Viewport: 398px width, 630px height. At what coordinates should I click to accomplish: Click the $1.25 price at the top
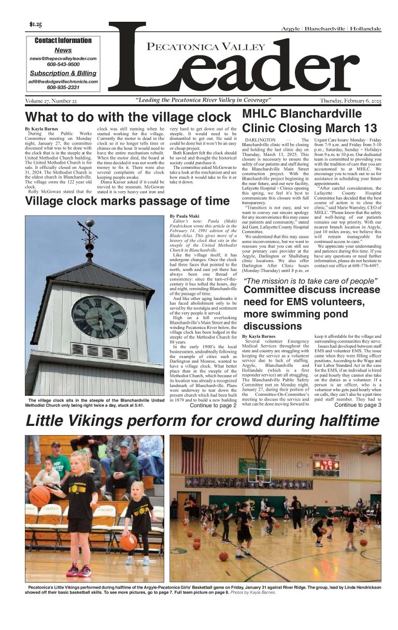coord(36,24)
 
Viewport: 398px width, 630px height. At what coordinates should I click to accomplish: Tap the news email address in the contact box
coord(63,59)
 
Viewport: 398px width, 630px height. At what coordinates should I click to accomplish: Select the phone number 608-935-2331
coord(63,88)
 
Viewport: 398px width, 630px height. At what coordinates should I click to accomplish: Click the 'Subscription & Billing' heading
coord(63,74)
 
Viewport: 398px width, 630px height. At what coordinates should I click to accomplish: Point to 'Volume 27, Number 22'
coord(51,101)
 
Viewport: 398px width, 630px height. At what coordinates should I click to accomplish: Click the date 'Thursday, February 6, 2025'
coord(350,101)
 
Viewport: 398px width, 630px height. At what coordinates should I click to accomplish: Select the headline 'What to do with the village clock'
coord(128,117)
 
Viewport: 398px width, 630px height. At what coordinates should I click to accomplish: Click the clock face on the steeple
coord(99,317)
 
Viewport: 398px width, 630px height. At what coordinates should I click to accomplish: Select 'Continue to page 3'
coord(358,405)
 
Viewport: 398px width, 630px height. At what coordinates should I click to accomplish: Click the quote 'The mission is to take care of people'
coord(310,281)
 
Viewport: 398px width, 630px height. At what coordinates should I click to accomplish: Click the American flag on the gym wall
coord(192,455)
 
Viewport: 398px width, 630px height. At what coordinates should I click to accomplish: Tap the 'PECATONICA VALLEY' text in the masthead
coord(199,48)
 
